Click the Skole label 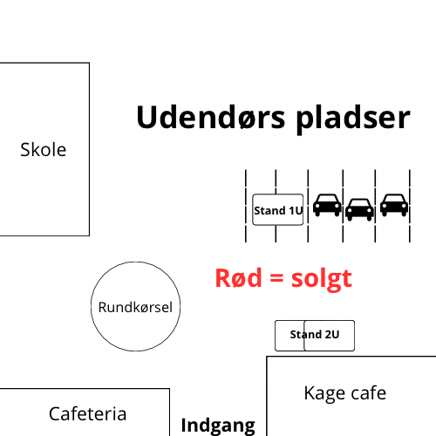[x=44, y=150]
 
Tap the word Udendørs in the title [x=211, y=117]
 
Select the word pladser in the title [x=353, y=119]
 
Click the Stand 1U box [x=278, y=209]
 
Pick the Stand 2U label [x=315, y=334]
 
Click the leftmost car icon [x=327, y=205]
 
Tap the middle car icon [x=359, y=209]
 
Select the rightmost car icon [x=394, y=205]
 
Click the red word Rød [x=238, y=278]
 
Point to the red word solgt [x=322, y=279]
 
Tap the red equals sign [x=276, y=278]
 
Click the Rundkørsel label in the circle [x=135, y=307]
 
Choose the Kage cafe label [x=345, y=393]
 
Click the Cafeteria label [x=87, y=413]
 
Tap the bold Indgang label [x=218, y=426]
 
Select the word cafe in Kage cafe [x=369, y=393]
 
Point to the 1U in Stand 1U [x=296, y=210]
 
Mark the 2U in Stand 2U [x=332, y=334]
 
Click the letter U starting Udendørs [x=146, y=117]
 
